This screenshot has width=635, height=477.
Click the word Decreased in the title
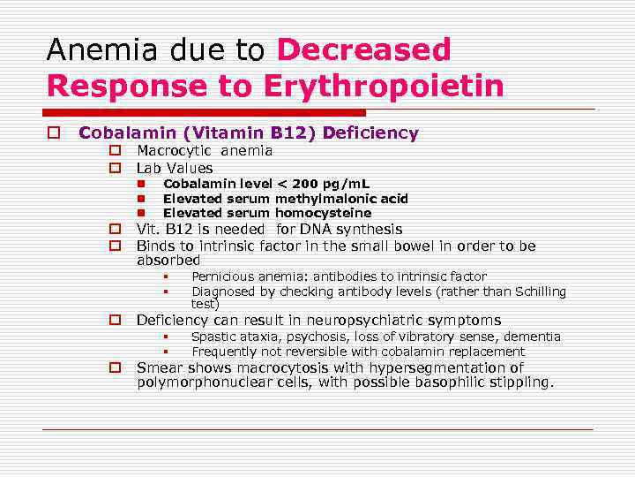click(363, 50)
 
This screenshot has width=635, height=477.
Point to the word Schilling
click(535, 291)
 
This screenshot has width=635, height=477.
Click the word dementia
click(532, 337)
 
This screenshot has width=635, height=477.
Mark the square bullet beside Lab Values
click(115, 168)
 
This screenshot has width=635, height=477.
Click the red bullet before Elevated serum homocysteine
click(142, 214)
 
